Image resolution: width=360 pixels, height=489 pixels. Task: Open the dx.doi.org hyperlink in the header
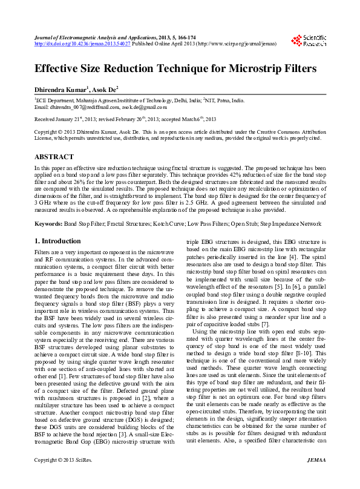pos(82,44)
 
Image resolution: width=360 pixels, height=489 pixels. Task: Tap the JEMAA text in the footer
pos(316,477)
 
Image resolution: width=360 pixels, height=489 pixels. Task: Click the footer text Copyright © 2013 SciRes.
pos(63,477)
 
